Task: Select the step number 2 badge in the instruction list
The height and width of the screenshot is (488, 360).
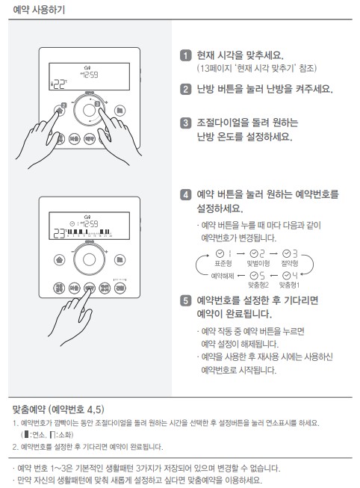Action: pos(185,89)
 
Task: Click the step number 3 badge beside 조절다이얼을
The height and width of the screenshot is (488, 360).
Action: pos(185,123)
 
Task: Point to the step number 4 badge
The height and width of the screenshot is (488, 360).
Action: pos(185,194)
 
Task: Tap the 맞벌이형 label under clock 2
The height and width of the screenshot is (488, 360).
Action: pos(258,264)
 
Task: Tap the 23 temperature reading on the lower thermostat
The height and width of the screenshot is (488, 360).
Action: pos(59,232)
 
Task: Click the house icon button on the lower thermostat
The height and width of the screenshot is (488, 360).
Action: pos(59,260)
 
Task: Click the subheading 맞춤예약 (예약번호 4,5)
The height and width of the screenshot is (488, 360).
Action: pos(58,409)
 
